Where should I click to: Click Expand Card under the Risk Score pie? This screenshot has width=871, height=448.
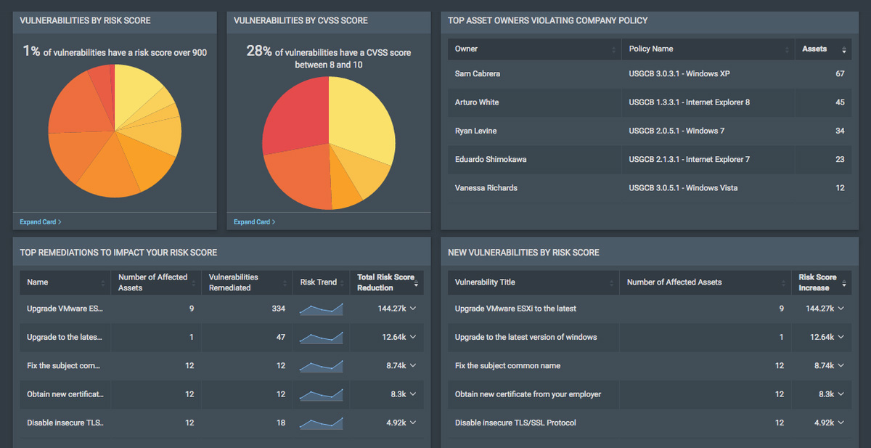click(41, 221)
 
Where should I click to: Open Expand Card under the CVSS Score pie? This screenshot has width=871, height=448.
click(254, 221)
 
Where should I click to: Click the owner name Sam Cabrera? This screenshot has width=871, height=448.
click(477, 74)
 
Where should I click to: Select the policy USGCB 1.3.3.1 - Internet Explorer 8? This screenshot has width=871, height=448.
click(689, 102)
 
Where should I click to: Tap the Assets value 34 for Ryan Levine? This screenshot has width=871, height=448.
click(839, 131)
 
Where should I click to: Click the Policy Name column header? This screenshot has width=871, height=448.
click(651, 49)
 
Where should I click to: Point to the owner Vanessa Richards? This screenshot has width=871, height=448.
click(486, 188)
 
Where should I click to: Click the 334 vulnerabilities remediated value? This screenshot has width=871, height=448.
click(278, 309)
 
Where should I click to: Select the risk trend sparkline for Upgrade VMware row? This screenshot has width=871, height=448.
click(321, 309)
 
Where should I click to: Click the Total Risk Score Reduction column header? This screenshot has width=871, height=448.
click(385, 282)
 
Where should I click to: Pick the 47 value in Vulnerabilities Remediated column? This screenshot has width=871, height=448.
click(280, 337)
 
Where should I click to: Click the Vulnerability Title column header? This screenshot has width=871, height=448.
click(485, 282)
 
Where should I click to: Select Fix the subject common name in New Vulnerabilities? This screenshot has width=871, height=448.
click(507, 366)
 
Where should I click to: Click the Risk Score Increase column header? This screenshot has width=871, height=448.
click(817, 282)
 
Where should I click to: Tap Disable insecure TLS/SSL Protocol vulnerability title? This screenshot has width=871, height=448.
click(515, 423)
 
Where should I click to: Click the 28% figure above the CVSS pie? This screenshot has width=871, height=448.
click(258, 51)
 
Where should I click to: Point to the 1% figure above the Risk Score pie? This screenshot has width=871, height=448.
click(31, 51)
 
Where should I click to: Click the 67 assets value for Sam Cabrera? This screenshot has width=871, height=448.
click(839, 74)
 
